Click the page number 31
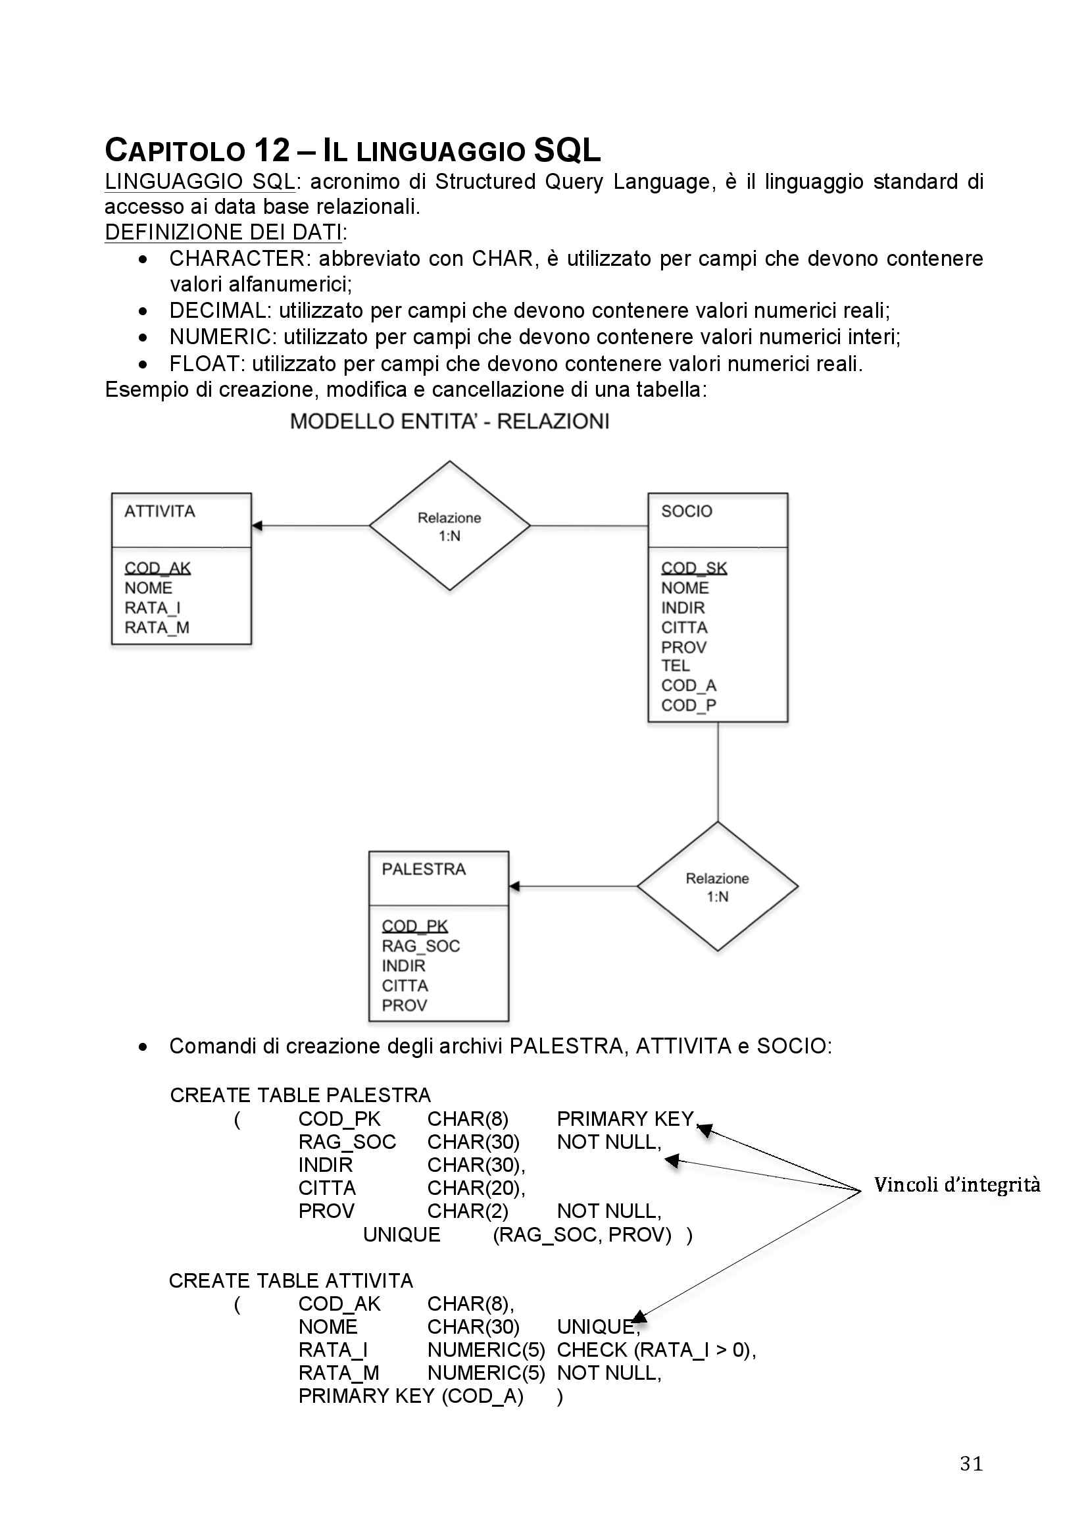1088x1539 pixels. pyautogui.click(x=971, y=1463)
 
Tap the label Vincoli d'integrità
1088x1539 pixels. pyautogui.click(x=956, y=1184)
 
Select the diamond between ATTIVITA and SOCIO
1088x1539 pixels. pyautogui.click(x=449, y=526)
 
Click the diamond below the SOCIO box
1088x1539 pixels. pyautogui.click(x=718, y=887)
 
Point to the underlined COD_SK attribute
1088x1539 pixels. pyautogui.click(x=693, y=568)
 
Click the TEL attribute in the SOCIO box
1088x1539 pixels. pyautogui.click(x=676, y=666)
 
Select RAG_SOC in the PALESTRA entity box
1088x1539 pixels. pyautogui.click(x=421, y=946)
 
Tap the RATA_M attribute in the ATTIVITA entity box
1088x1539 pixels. pyautogui.click(x=157, y=628)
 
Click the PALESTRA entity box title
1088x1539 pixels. pyautogui.click(x=424, y=869)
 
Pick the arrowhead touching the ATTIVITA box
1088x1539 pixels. pyautogui.click(x=257, y=526)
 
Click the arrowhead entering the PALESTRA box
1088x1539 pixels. pyautogui.click(x=514, y=887)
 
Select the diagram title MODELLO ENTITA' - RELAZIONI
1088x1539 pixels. pyautogui.click(x=449, y=422)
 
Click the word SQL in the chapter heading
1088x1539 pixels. pyautogui.click(x=567, y=150)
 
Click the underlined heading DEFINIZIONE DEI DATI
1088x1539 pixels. pyautogui.click(x=224, y=232)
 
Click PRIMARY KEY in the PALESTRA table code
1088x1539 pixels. pyautogui.click(x=625, y=1119)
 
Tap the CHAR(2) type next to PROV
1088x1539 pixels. pyautogui.click(x=468, y=1211)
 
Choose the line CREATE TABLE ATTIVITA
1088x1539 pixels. pyautogui.click(x=291, y=1281)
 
